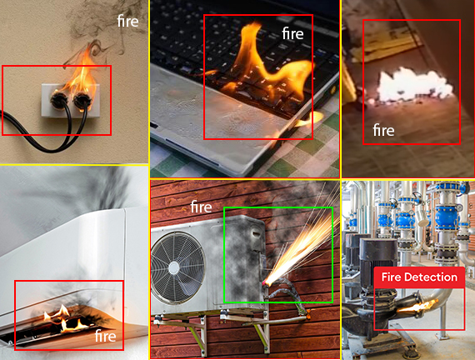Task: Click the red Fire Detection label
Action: [419, 277]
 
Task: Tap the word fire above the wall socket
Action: [127, 21]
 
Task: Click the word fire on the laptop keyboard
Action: [292, 33]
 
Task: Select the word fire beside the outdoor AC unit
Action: [201, 207]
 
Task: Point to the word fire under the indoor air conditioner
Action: [106, 336]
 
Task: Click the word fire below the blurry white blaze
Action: [383, 130]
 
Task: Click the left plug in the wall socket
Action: [58, 100]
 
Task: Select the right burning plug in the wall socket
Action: [82, 101]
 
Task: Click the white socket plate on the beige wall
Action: [70, 101]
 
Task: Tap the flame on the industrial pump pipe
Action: [417, 307]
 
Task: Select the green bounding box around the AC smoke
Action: [224, 254]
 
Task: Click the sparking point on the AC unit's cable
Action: [266, 282]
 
